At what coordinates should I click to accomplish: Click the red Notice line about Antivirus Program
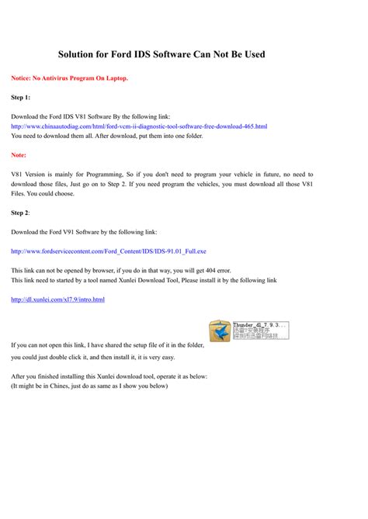[x=69, y=78]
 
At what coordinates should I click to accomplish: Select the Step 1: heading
[x=21, y=98]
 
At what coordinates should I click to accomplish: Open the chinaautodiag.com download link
[x=139, y=126]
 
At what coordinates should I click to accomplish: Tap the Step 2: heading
[x=21, y=212]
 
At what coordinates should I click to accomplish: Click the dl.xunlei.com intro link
[x=57, y=299]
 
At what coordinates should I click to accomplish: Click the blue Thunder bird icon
[x=220, y=330]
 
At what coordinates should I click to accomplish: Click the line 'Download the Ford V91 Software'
[x=84, y=231]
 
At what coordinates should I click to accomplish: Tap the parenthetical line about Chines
[x=89, y=386]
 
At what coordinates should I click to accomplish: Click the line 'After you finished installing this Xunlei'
[x=109, y=376]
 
